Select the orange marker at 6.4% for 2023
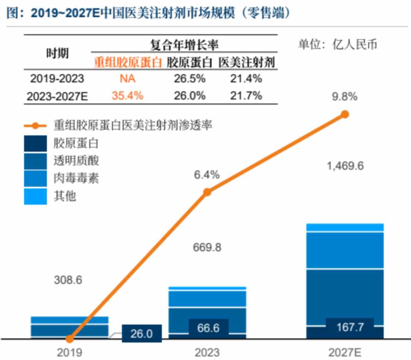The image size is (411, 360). coord(208,192)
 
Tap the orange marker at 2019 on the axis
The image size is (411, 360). coord(69,339)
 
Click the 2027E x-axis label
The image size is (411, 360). coord(345,352)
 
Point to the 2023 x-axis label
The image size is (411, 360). coord(207,352)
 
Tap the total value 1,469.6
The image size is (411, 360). coord(345,166)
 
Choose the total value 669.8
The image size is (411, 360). coord(207,247)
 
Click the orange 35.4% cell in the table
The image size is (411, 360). coord(127,95)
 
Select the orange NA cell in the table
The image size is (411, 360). coord(127,79)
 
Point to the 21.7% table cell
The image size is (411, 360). coord(247,95)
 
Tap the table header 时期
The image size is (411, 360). coord(57,53)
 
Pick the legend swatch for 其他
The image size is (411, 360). coord(36,196)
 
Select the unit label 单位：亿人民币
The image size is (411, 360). coord(337,45)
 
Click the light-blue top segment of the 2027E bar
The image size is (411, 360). coord(345,227)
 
